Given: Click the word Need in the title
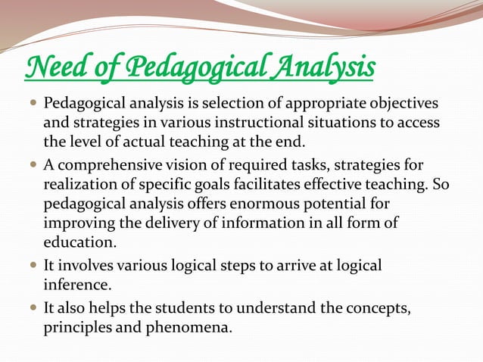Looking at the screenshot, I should tap(51, 69).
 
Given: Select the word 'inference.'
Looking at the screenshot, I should tap(75, 286).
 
